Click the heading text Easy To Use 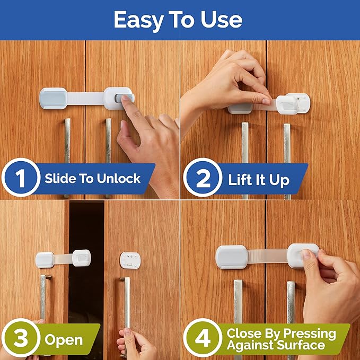coord(178,20)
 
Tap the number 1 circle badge coord(20,178)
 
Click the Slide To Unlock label coord(92,178)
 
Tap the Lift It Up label coord(259,180)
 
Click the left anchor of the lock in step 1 coord(54,98)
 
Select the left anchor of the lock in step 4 coord(232,257)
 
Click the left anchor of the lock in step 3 coord(45,260)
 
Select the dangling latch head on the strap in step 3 coord(82,258)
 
